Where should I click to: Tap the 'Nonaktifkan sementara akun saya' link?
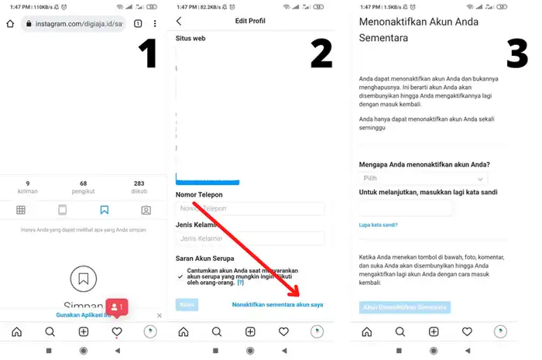(x=277, y=305)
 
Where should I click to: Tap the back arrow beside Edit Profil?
(x=180, y=21)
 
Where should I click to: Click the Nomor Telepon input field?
(x=249, y=208)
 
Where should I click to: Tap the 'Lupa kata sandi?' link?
(x=378, y=225)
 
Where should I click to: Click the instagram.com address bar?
(x=74, y=24)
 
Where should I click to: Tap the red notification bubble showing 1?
(x=115, y=307)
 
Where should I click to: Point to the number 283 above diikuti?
(x=139, y=183)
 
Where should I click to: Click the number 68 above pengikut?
(x=84, y=183)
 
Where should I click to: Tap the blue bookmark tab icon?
(x=105, y=210)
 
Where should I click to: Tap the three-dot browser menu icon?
(x=156, y=24)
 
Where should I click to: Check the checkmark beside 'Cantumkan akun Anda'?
(x=180, y=276)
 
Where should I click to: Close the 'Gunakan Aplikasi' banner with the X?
(x=160, y=316)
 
